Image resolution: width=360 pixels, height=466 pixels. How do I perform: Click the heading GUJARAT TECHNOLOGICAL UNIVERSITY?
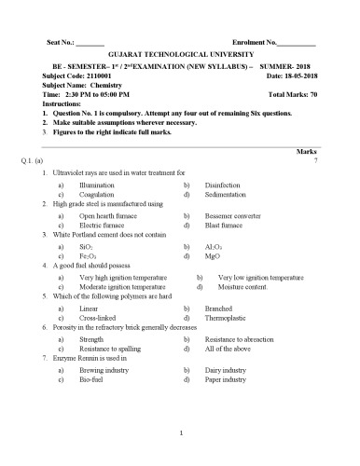point(181,56)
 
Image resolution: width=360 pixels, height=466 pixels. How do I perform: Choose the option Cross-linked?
point(97,318)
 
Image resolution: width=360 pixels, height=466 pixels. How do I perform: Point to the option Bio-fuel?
point(91,379)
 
